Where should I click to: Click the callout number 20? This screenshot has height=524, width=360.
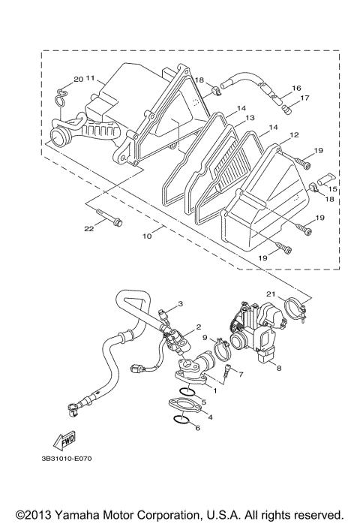click(x=76, y=79)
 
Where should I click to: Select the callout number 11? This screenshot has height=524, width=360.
click(x=90, y=78)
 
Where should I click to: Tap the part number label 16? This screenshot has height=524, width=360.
click(x=296, y=88)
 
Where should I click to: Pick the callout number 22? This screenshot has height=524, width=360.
click(x=88, y=229)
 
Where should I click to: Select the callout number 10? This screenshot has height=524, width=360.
click(x=147, y=236)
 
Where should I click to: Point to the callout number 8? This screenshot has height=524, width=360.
click(x=279, y=369)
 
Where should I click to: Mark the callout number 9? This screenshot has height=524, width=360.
click(x=203, y=338)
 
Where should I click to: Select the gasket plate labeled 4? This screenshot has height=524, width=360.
click(x=185, y=405)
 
